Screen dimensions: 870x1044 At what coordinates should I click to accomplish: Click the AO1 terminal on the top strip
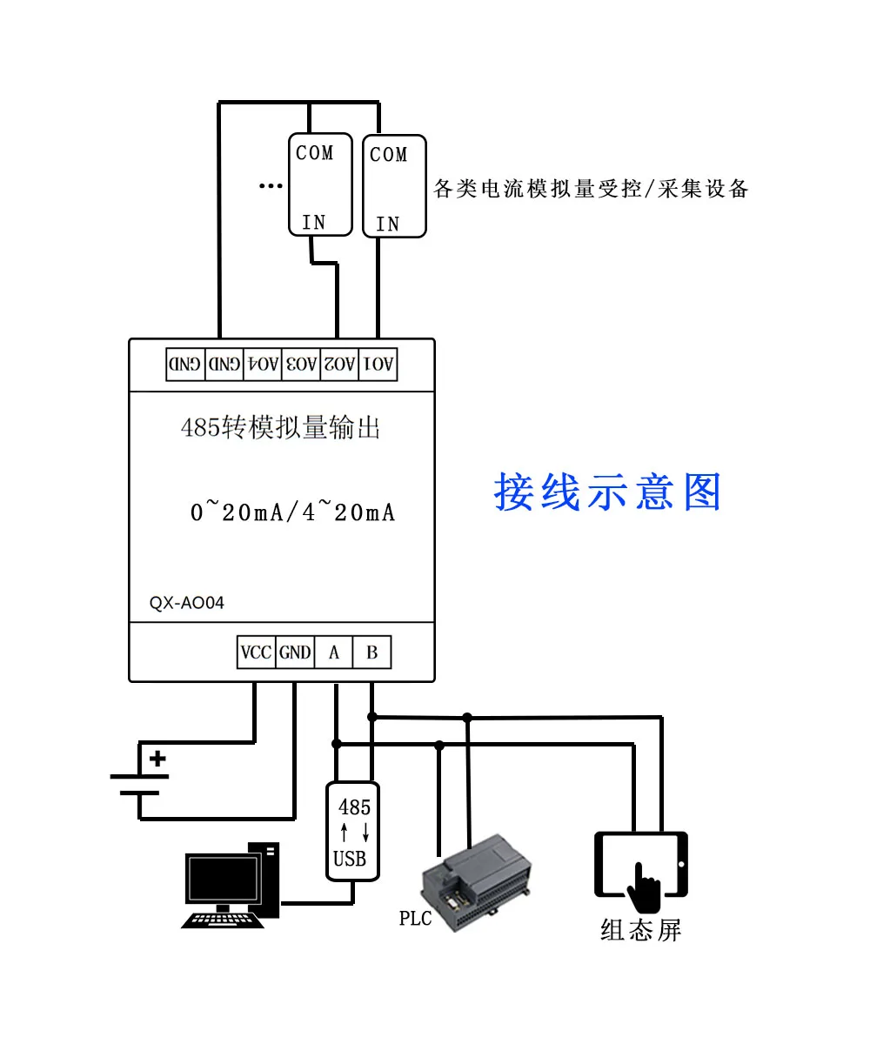[378, 365]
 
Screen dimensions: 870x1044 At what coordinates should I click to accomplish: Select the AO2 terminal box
[339, 365]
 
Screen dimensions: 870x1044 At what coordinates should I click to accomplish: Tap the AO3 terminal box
[301, 365]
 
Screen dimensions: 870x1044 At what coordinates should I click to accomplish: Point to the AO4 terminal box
[263, 365]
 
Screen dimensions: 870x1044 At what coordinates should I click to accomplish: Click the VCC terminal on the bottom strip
[256, 652]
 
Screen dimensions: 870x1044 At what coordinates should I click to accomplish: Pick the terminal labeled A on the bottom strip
[333, 652]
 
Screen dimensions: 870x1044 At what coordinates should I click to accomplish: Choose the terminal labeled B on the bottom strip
[372, 652]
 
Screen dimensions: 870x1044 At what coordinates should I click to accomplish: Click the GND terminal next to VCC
[295, 652]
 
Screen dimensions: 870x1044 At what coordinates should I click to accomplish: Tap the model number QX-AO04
[186, 603]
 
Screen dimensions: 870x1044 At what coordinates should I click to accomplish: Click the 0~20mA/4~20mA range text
[292, 511]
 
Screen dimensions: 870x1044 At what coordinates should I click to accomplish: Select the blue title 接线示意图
[607, 492]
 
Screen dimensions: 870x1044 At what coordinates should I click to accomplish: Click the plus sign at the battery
[157, 759]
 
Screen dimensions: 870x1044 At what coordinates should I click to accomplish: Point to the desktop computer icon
[231, 885]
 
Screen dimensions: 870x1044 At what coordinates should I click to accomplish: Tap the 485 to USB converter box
[352, 832]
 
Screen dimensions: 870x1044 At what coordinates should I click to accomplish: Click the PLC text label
[415, 919]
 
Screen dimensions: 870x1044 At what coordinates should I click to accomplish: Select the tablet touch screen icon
[641, 872]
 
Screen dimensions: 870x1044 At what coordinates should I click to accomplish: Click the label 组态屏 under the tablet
[640, 931]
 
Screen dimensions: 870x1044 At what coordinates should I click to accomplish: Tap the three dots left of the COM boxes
[271, 186]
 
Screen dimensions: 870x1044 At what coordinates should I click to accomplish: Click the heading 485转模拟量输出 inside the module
[280, 427]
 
